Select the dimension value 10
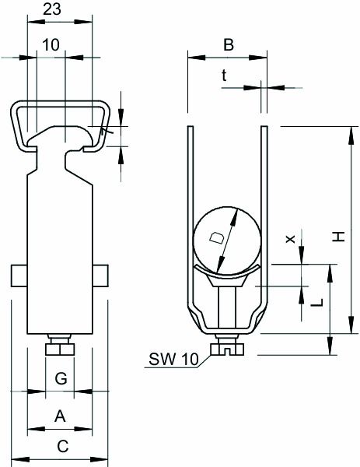(x=51, y=45)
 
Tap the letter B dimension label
(x=228, y=45)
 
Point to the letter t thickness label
(x=224, y=75)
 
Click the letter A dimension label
(x=59, y=417)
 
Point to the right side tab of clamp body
(x=100, y=276)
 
